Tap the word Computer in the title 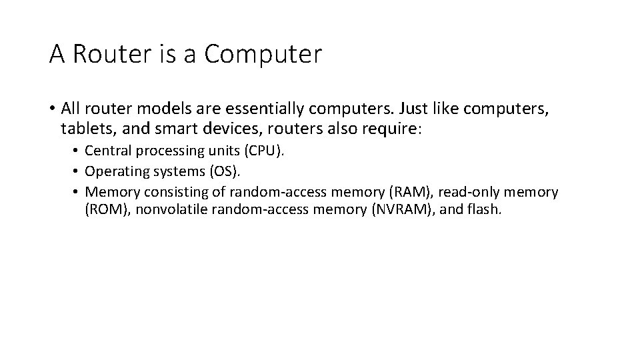click(263, 55)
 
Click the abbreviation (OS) click(223, 171)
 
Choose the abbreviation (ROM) click(105, 211)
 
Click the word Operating click(115, 171)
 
